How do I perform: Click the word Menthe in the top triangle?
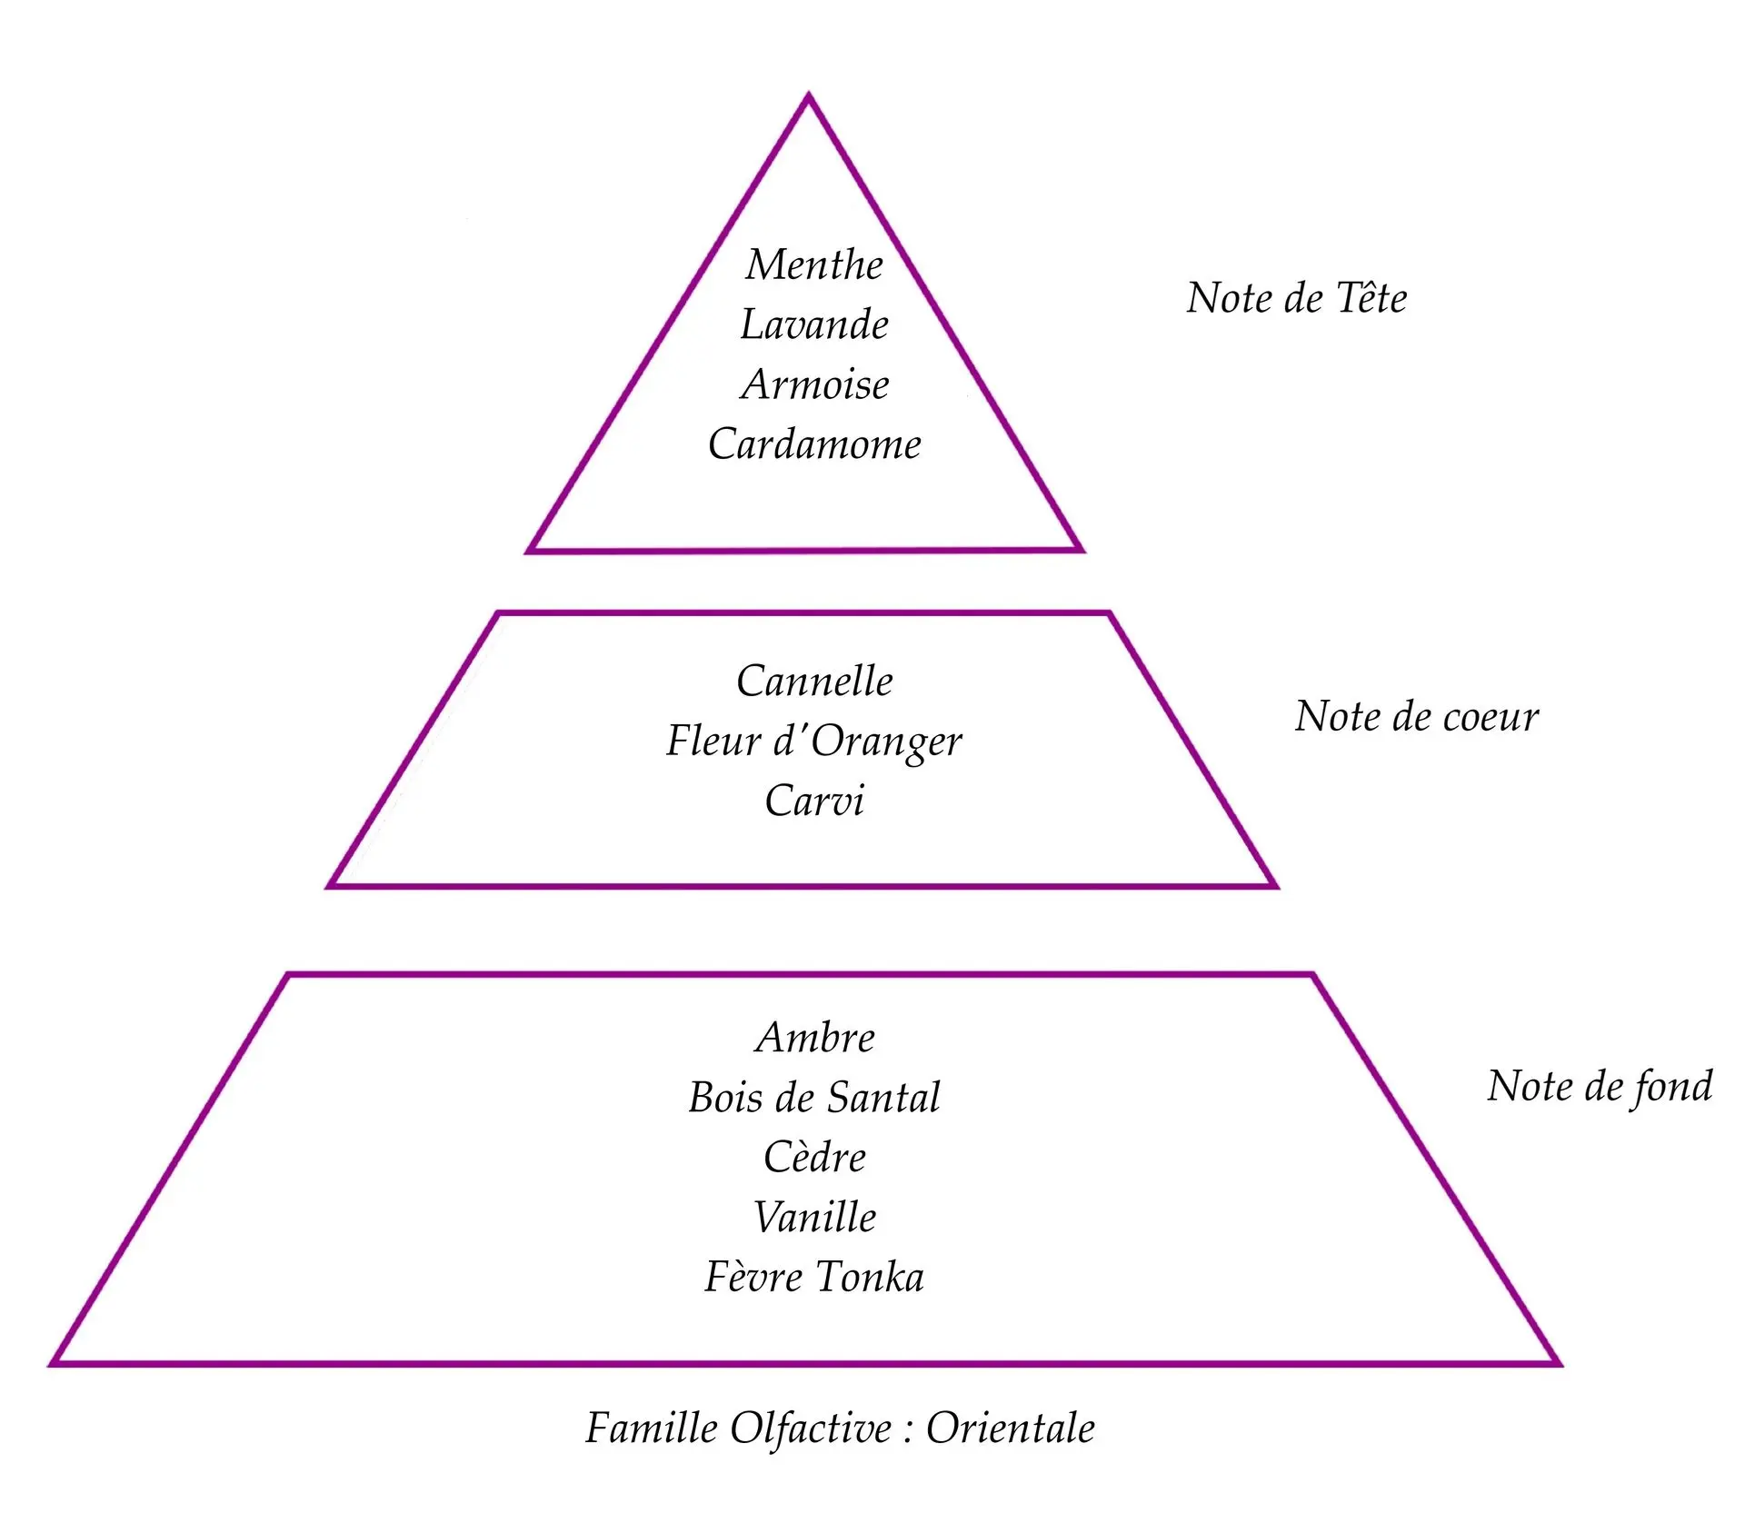click(814, 265)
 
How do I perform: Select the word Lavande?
click(814, 325)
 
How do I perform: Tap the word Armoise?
click(815, 384)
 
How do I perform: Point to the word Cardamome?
click(814, 444)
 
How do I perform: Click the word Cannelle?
click(814, 682)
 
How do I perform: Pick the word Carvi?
click(814, 801)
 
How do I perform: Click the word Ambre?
click(814, 1038)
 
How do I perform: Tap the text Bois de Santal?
click(814, 1098)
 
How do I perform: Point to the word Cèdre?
click(814, 1158)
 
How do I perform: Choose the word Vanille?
click(814, 1218)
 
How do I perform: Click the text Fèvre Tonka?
click(814, 1277)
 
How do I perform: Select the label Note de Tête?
click(1297, 298)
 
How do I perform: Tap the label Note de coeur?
click(1417, 717)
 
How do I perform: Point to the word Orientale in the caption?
click(1011, 1428)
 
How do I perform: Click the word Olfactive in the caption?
click(812, 1428)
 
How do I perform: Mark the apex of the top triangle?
click(809, 95)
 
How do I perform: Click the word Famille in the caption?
click(652, 1428)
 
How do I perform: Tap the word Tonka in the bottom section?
click(870, 1277)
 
